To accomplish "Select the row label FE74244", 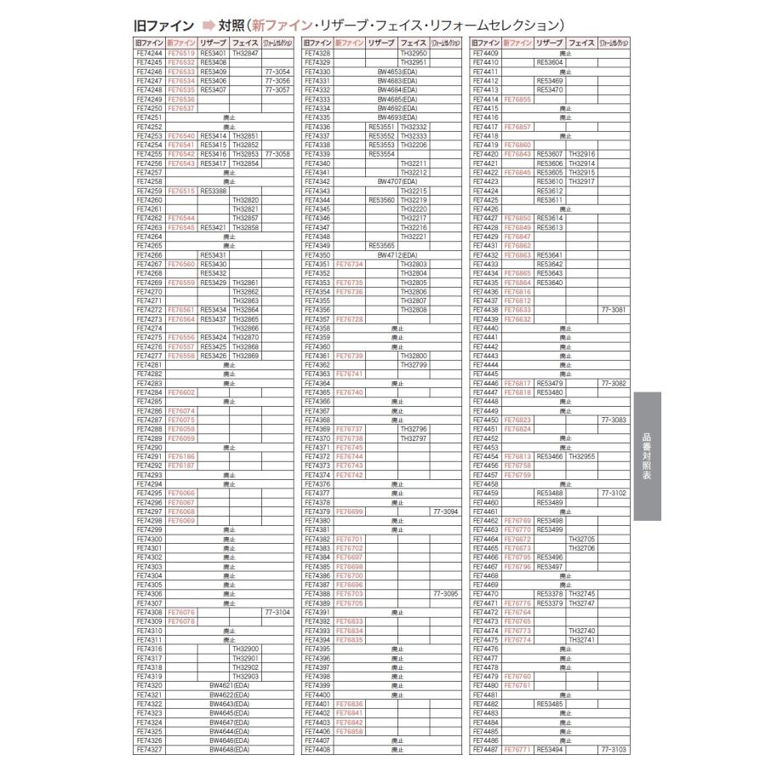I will tap(149, 54).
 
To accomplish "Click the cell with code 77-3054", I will tap(277, 72).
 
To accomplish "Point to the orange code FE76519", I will tap(181, 54).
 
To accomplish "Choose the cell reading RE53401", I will tap(213, 54).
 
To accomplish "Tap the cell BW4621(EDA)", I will tap(229, 685).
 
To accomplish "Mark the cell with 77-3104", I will tap(277, 611).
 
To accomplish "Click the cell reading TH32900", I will tap(246, 649).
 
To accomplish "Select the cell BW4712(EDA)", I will tap(397, 254).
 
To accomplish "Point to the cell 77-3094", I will tap(445, 512).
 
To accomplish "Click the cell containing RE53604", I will tap(550, 62).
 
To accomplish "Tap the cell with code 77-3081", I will tap(613, 310).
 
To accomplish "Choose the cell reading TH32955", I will tap(582, 456).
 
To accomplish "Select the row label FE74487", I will tap(485, 750).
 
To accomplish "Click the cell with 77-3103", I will tap(613, 750).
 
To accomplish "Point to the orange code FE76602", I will tap(181, 392).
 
